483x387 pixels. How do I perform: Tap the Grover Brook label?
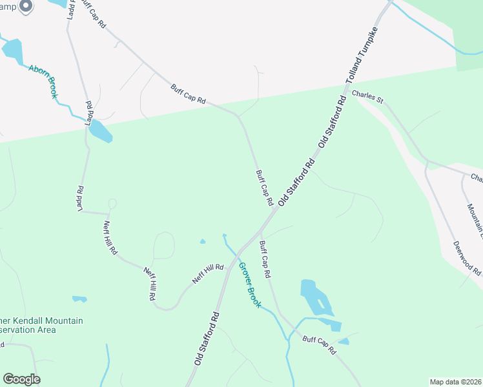(x=249, y=284)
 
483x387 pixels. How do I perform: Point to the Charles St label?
(x=368, y=97)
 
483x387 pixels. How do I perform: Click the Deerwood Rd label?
(x=466, y=257)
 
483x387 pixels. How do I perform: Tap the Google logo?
(x=21, y=379)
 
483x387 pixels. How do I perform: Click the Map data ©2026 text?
(x=455, y=382)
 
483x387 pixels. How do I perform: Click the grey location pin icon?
(x=26, y=6)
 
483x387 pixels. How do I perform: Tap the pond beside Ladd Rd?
(x=100, y=131)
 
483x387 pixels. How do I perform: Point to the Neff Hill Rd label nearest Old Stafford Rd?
(x=207, y=273)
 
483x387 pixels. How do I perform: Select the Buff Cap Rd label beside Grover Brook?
(x=264, y=259)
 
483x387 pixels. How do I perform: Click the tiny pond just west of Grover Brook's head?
(x=203, y=242)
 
